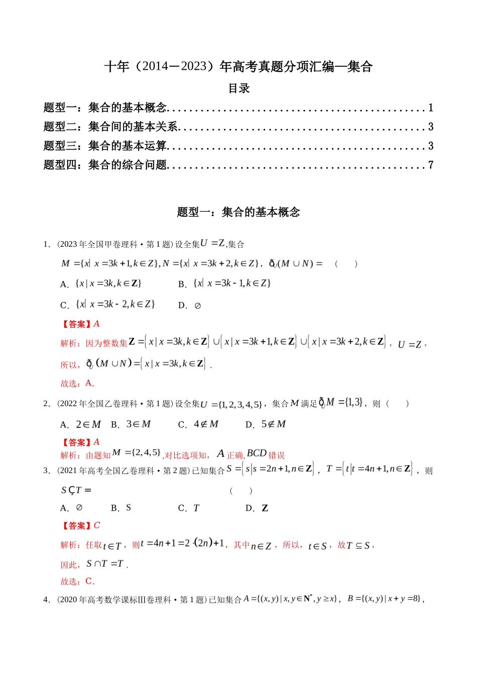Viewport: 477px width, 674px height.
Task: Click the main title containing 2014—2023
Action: tap(238, 67)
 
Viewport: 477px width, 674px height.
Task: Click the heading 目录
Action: tap(238, 89)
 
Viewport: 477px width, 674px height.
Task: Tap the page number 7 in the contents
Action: tap(430, 165)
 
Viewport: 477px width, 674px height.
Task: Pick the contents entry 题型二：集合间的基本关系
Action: tap(111, 127)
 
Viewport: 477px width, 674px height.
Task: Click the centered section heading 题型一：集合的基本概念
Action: tap(238, 212)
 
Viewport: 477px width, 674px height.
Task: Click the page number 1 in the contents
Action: tap(430, 108)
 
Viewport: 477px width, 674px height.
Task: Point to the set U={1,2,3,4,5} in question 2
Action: tap(231, 404)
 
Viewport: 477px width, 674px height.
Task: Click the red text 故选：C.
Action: tap(77, 582)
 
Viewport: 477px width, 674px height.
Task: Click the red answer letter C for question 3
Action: tap(97, 526)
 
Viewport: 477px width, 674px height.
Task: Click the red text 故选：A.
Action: tap(77, 384)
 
